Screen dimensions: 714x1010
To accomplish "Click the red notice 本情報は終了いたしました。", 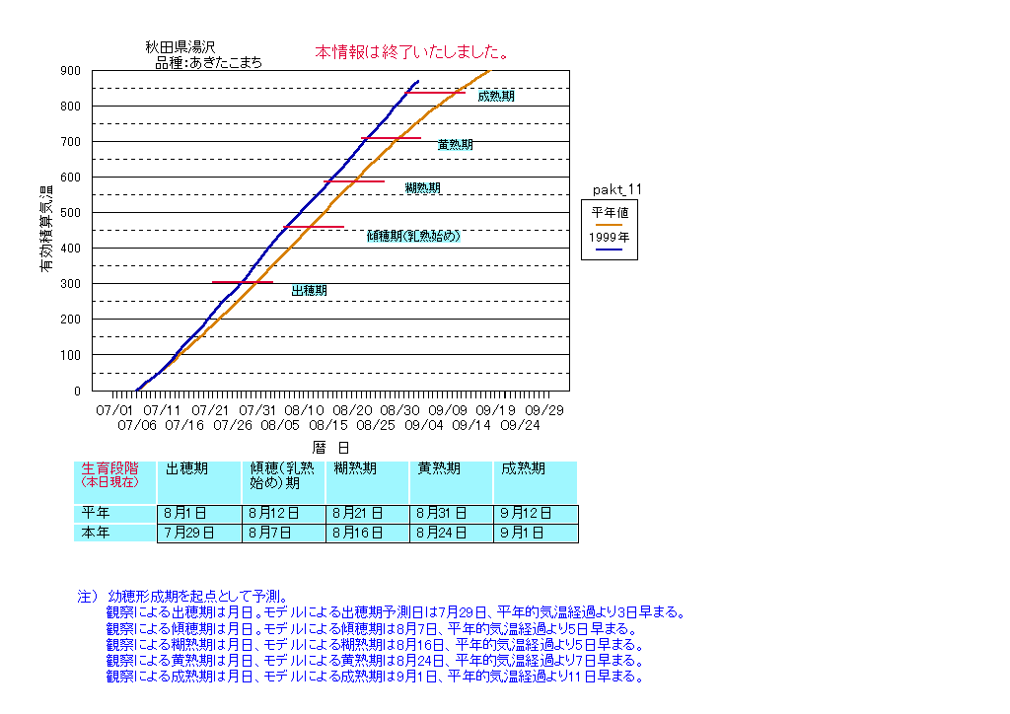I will pos(411,51).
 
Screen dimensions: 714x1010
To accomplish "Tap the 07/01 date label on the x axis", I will pos(113,409).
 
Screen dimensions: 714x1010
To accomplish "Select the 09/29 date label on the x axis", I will pos(543,409).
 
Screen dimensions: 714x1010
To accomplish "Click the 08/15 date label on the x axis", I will pos(328,425).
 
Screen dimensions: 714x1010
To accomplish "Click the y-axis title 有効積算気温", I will pos(46,229).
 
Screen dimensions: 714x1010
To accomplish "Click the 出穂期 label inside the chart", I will pos(309,291).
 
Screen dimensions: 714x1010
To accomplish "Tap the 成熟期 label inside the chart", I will pos(495,96).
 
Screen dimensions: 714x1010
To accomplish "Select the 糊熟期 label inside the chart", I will pos(422,188).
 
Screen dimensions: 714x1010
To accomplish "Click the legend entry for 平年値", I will pos(610,211).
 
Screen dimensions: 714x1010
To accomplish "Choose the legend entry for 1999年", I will pos(610,238).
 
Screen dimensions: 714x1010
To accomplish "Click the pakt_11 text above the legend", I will pos(617,188).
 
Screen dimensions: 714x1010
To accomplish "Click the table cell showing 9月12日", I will pos(535,514).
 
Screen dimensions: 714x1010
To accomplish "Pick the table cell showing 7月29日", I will pos(199,534).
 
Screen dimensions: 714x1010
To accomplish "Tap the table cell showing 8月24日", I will pos(451,534).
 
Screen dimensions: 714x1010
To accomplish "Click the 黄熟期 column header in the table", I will pos(439,469).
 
